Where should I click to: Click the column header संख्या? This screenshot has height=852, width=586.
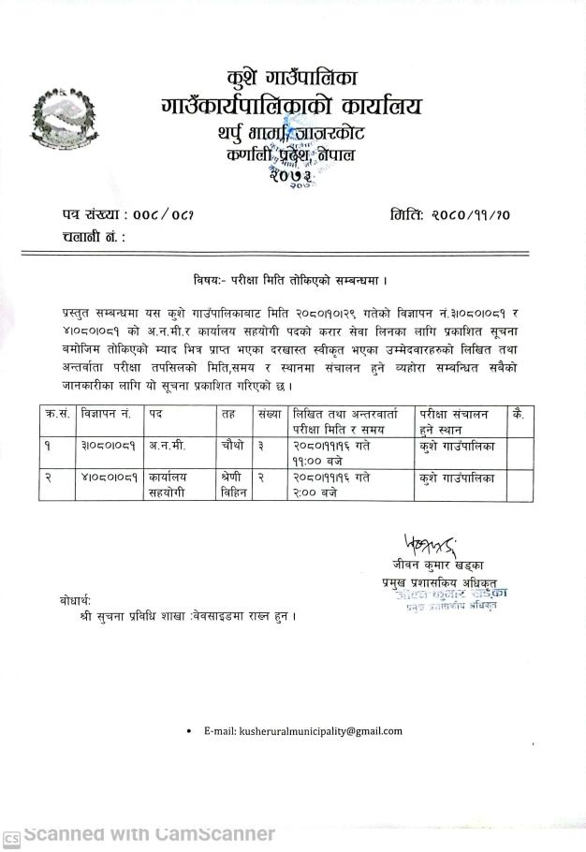tap(270, 413)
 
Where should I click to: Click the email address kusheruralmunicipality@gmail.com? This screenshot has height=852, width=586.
tap(301, 730)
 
